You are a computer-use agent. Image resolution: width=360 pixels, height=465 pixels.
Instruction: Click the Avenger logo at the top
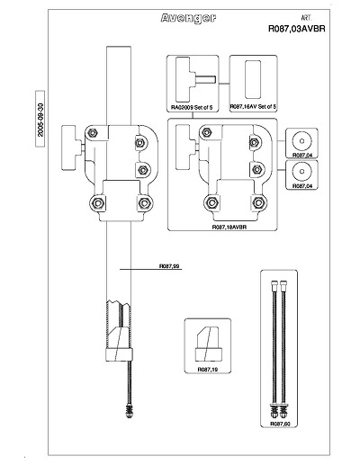(188, 19)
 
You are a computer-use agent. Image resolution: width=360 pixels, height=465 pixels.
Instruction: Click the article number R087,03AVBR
(296, 29)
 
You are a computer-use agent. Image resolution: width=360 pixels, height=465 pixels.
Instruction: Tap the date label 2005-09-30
(40, 120)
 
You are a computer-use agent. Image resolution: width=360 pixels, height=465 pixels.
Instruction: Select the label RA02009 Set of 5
(192, 107)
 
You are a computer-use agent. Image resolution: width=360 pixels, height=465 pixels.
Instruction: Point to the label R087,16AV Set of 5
(253, 107)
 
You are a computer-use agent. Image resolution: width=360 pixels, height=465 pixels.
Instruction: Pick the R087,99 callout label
(170, 266)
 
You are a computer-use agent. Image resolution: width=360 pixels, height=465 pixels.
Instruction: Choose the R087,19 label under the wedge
(208, 370)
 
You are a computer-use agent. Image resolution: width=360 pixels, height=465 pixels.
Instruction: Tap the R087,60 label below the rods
(280, 424)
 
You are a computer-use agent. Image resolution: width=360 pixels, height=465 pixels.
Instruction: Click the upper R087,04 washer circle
(301, 141)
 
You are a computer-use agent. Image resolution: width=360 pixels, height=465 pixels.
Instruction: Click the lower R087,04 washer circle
(301, 172)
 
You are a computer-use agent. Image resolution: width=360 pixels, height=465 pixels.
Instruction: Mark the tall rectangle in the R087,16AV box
(253, 79)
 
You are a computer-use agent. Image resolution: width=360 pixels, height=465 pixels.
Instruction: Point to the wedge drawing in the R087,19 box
(209, 344)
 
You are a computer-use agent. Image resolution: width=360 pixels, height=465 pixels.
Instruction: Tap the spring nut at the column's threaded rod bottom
(130, 411)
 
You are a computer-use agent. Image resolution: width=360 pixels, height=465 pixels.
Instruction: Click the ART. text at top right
(306, 18)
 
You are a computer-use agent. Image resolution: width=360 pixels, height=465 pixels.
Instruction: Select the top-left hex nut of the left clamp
(94, 132)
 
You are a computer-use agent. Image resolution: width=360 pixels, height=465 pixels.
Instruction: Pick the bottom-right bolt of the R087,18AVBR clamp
(258, 202)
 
